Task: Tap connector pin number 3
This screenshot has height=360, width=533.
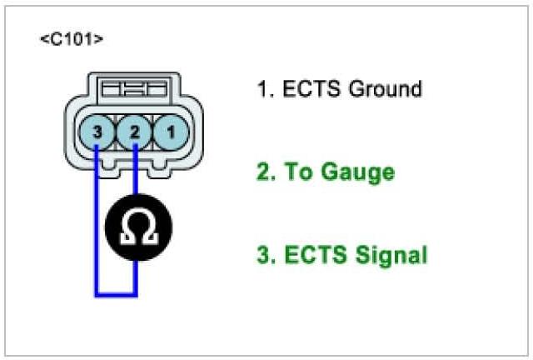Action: (x=97, y=132)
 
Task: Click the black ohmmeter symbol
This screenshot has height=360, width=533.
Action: (x=137, y=228)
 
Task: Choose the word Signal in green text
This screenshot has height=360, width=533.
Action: (x=389, y=255)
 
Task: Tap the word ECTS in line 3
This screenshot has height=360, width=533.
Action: (x=314, y=255)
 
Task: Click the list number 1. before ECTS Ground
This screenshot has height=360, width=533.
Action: (x=266, y=87)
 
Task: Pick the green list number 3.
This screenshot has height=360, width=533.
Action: (x=266, y=255)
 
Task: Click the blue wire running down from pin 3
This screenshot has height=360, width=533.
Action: (x=97, y=217)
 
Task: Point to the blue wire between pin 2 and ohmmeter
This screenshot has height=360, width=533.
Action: (x=136, y=175)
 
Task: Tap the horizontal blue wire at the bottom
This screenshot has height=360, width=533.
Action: (x=117, y=294)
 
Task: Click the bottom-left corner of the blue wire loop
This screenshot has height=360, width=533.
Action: (x=97, y=294)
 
